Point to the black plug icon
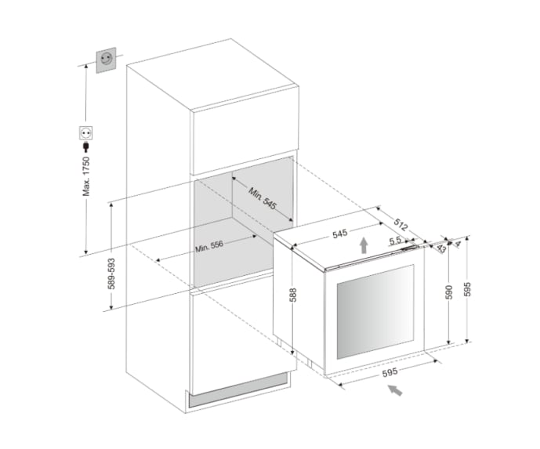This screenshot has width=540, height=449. [84, 147]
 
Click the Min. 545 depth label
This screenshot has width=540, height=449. [263, 198]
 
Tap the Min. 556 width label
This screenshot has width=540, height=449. [209, 244]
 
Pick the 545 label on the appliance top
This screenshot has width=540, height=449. [339, 234]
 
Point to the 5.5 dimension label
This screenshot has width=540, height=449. [394, 240]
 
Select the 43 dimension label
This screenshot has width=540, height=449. [441, 248]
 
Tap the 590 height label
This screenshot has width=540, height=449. [448, 290]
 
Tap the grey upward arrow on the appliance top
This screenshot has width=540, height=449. [364, 244]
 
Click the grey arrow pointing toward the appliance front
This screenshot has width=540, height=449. [397, 389]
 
